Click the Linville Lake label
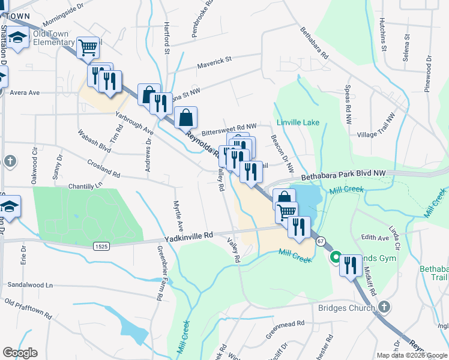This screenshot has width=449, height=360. [298, 122]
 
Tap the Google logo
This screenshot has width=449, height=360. [20, 352]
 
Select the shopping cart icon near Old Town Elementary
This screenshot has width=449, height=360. [88, 47]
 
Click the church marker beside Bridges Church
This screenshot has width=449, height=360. [384, 307]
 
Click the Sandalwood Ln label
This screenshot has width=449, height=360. [29, 284]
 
